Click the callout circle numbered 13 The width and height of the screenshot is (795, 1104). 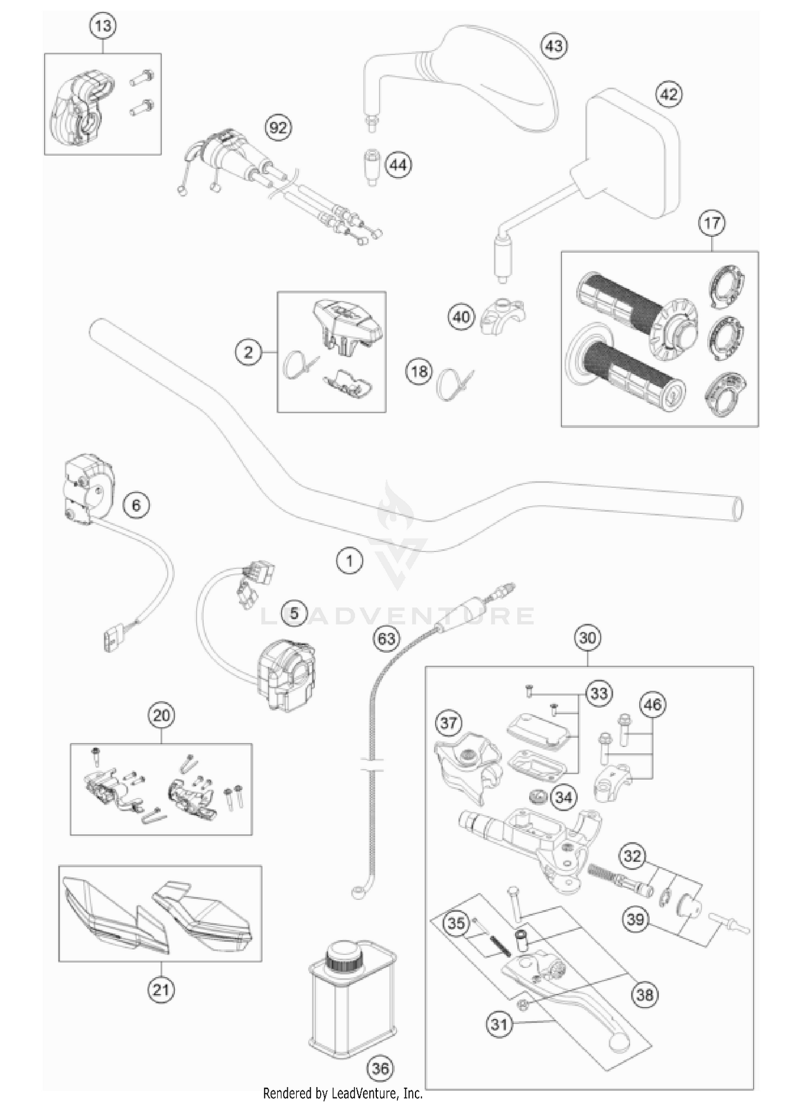point(103,26)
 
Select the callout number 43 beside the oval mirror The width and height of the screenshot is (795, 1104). point(554,46)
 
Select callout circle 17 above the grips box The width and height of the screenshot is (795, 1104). point(711,222)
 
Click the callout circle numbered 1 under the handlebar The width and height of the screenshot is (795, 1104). point(349,560)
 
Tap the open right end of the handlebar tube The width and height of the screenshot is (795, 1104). point(737,508)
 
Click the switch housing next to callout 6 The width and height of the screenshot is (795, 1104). point(85,490)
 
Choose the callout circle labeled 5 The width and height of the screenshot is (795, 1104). point(294,613)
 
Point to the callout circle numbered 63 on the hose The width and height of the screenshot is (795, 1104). point(386,638)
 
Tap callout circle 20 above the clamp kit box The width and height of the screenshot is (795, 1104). point(161,716)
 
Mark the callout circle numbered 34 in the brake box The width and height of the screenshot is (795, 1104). point(563,797)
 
